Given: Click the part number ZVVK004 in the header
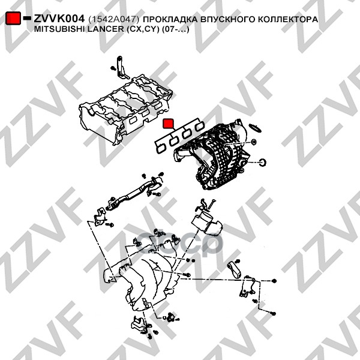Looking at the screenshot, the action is (59, 19).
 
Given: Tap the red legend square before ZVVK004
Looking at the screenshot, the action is (14, 19).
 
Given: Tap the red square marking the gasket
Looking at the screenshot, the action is (169, 124).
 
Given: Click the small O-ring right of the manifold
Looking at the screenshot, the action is (262, 163).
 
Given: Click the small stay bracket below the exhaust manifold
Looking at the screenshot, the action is (139, 325).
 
